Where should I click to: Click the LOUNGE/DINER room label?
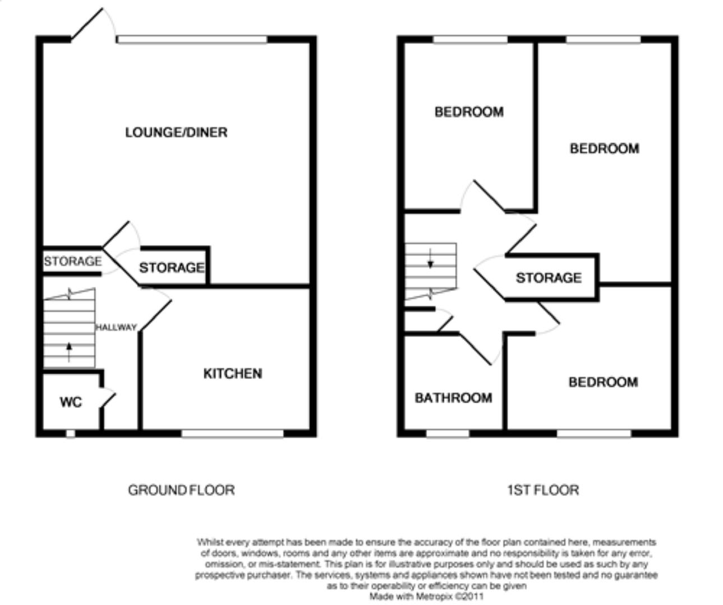(176, 132)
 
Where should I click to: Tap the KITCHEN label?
(232, 374)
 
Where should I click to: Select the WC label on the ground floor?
(71, 402)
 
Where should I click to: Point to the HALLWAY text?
(116, 328)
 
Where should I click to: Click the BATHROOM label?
(453, 398)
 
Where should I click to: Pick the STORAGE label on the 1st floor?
(549, 278)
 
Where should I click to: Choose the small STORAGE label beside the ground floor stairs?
(72, 261)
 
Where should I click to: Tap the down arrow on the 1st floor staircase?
(430, 259)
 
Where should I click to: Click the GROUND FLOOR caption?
(181, 490)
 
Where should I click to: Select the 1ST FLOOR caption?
(542, 490)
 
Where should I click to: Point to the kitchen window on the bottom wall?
(232, 432)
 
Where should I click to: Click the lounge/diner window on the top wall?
(192, 39)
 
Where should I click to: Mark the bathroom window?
(448, 433)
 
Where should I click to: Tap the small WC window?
(70, 433)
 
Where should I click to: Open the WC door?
(108, 398)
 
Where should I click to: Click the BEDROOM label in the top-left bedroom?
(469, 112)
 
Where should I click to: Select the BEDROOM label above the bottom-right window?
(603, 382)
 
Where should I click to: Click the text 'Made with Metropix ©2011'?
(426, 597)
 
